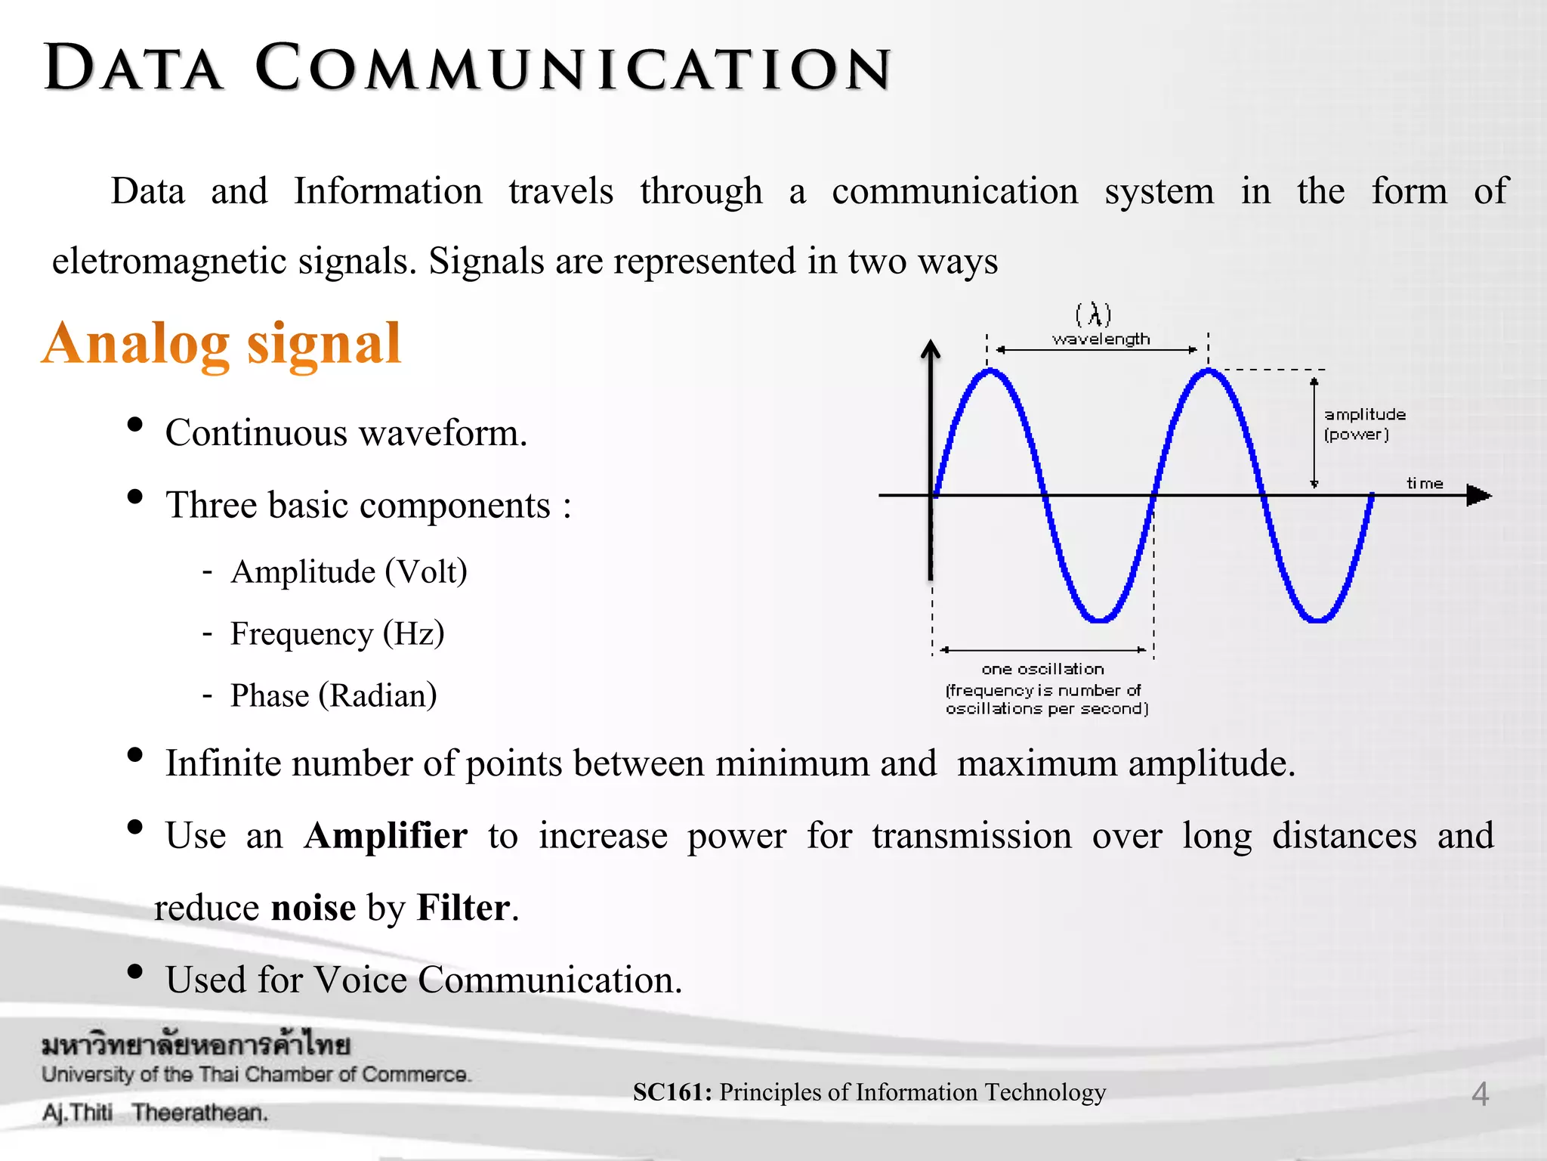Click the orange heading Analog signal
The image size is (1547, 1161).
(221, 344)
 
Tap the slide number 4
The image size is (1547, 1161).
(1480, 1094)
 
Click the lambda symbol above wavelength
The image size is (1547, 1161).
(1094, 314)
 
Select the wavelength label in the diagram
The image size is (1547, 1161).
(1101, 339)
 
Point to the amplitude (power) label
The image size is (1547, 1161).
(1363, 424)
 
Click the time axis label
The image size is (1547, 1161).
(1425, 483)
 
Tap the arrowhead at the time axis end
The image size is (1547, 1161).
(1479, 496)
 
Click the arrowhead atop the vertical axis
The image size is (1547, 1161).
(931, 349)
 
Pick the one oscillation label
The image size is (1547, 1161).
(1042, 669)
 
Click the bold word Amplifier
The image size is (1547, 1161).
(385, 836)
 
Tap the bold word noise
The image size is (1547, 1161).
(313, 908)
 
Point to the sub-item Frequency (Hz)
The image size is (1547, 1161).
(337, 633)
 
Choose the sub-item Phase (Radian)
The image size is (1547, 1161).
(333, 695)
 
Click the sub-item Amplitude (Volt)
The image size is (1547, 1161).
(349, 571)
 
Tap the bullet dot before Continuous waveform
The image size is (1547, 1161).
(135, 425)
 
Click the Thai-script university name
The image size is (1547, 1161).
(196, 1045)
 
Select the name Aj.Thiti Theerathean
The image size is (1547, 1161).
(155, 1113)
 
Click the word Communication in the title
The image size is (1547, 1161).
(573, 68)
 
